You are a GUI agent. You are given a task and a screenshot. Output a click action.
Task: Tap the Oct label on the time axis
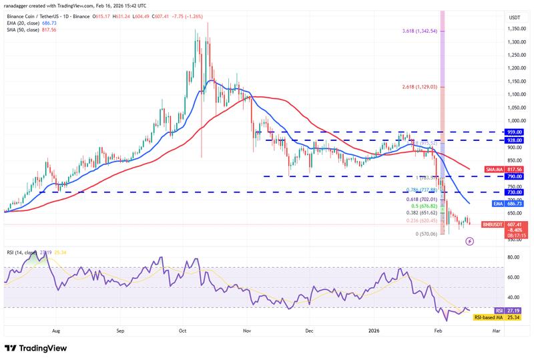183,330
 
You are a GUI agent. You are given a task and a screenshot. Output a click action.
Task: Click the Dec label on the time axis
309,330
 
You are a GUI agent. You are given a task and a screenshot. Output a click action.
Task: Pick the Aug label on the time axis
55,330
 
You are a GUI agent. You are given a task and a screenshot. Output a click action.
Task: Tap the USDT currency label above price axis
515,17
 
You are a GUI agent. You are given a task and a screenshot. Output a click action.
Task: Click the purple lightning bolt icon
469,241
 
